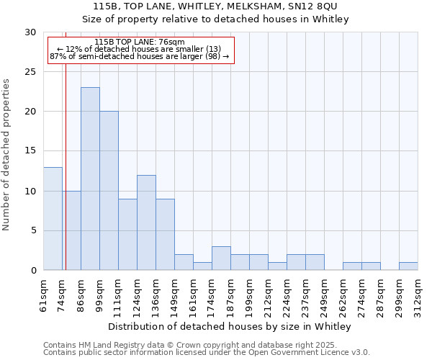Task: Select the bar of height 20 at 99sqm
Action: (109, 191)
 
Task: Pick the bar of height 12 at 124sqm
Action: (146, 222)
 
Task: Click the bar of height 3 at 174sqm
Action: (221, 258)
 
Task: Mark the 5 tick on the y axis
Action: (33, 230)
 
